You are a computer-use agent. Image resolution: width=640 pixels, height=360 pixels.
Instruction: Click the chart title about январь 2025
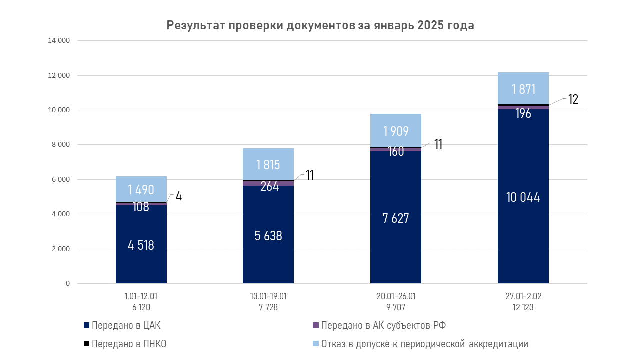320,26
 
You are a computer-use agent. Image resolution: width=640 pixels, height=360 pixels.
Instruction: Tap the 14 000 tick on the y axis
59,41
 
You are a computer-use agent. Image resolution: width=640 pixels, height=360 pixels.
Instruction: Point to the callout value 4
178,196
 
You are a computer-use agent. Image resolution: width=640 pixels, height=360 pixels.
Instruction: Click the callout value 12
573,99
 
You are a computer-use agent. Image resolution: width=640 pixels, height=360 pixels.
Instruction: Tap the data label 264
269,187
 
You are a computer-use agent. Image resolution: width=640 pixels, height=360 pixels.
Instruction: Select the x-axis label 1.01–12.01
141,296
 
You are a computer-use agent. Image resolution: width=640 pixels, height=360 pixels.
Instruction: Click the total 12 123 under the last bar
523,308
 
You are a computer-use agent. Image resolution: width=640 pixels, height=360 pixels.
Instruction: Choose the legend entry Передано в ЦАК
125,326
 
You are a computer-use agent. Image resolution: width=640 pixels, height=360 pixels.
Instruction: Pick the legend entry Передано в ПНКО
128,344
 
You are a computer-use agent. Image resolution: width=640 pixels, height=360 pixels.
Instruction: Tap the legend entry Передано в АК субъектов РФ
383,326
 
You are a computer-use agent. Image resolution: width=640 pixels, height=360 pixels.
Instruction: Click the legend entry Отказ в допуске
424,344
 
